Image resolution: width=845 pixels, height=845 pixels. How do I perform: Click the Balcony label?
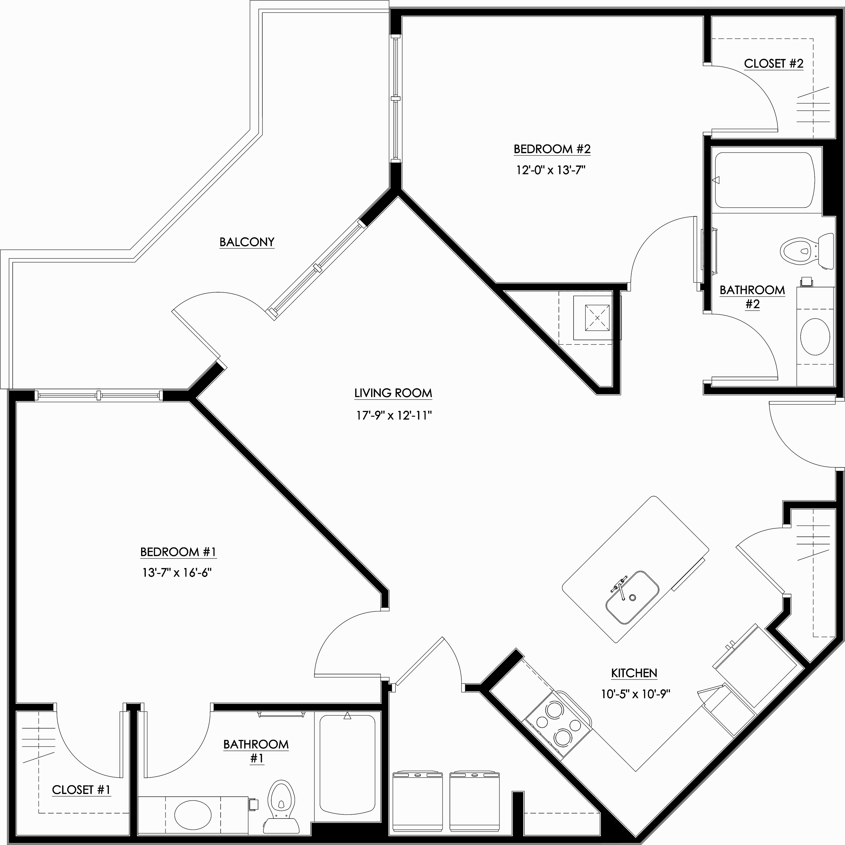point(247,242)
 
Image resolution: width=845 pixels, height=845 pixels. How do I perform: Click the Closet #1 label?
point(81,789)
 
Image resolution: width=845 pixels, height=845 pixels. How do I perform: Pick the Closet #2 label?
point(774,64)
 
